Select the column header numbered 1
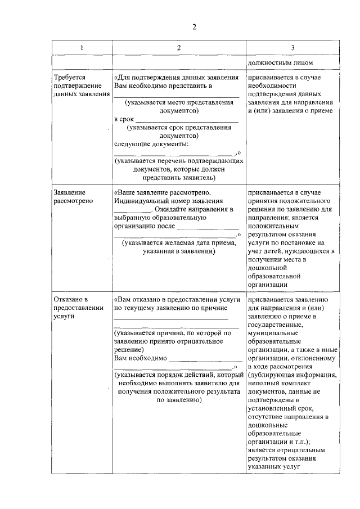[x=82, y=47]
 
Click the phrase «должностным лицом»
[x=280, y=63]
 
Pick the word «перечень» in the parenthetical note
[x=180, y=161]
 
